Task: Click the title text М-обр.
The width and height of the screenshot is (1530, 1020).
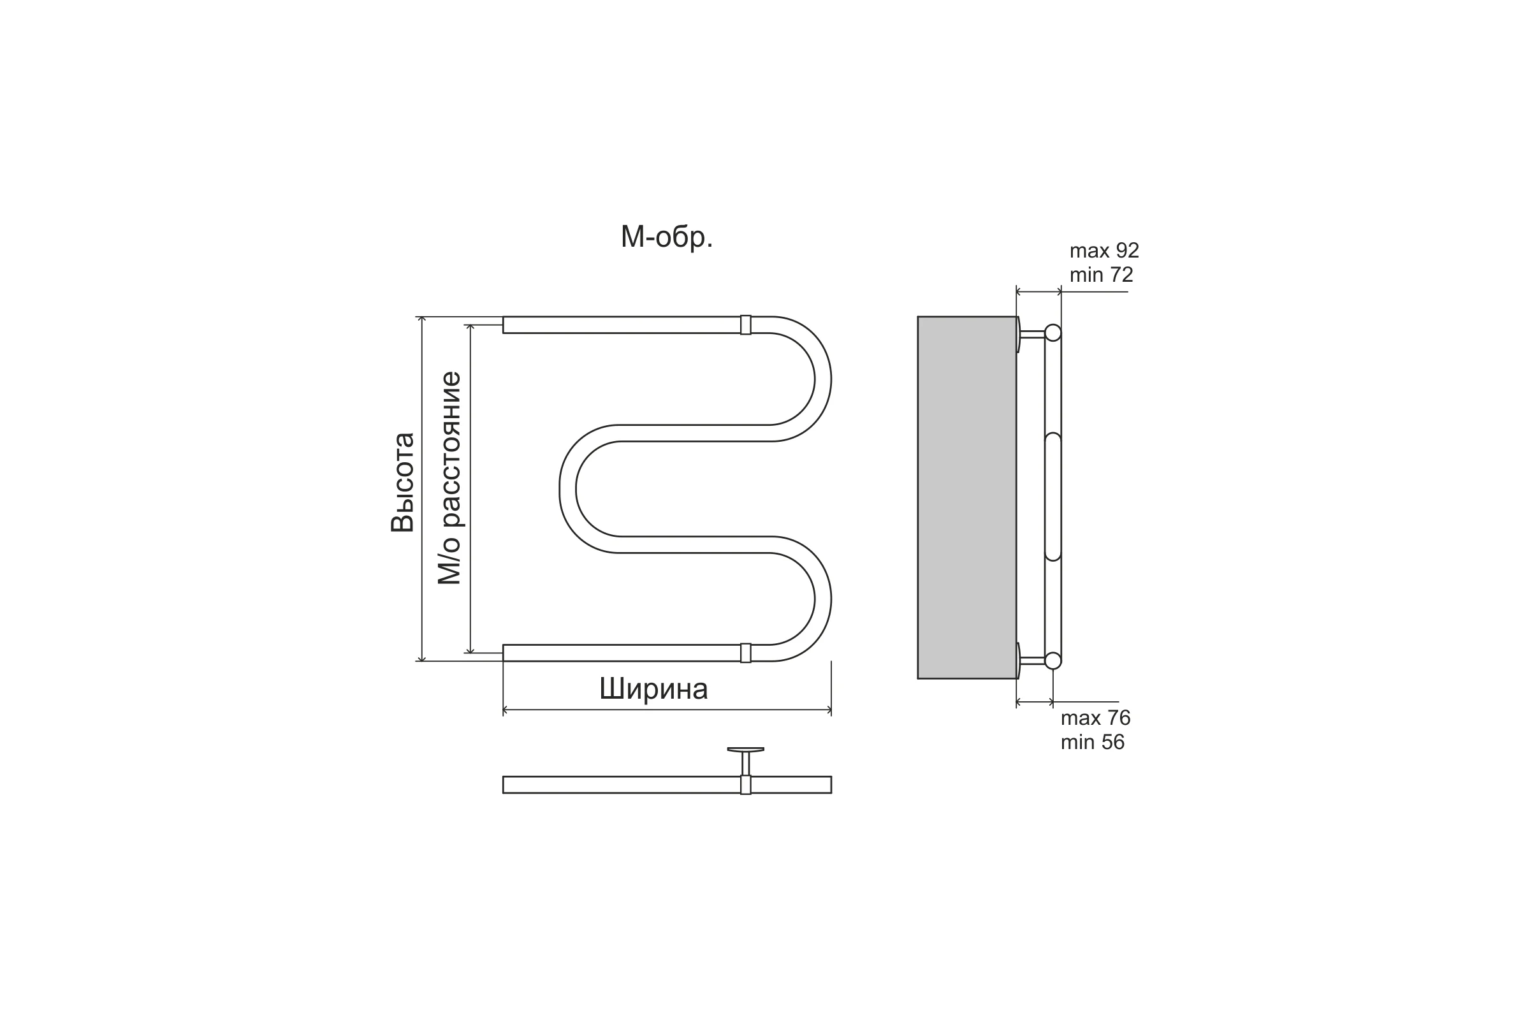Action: (667, 238)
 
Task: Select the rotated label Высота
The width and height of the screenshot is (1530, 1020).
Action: (403, 483)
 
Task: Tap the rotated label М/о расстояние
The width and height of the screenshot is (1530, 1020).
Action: (449, 478)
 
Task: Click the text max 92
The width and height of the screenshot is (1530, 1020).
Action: (1105, 251)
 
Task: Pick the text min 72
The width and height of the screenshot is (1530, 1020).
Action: (1102, 275)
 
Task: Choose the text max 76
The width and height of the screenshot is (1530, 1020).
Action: (1095, 718)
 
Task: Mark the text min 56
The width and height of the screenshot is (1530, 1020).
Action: (1092, 742)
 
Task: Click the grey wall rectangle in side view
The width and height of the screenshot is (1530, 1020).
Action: (966, 498)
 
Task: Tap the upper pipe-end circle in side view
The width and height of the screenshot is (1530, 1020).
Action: (1053, 333)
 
